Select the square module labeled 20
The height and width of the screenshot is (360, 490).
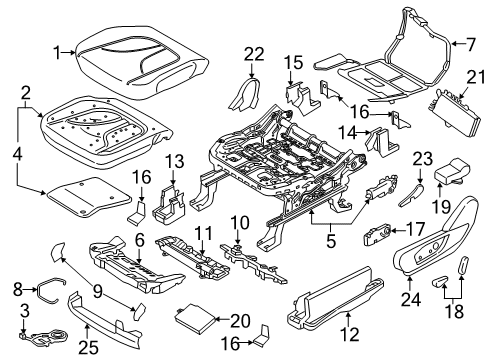click(194, 319)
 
